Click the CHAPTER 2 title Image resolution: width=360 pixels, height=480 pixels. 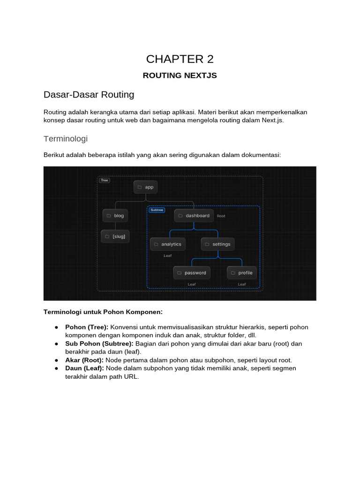[x=180, y=59]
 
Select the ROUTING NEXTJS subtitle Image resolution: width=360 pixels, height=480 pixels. [x=180, y=75]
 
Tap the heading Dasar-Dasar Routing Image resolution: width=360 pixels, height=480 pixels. [x=89, y=95]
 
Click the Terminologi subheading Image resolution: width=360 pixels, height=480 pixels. [x=66, y=139]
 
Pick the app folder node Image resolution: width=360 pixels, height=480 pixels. [x=145, y=187]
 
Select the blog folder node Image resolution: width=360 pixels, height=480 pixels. [x=115, y=216]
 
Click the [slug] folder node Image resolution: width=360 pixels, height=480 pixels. [x=115, y=236]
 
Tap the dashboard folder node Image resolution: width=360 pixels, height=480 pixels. [x=194, y=216]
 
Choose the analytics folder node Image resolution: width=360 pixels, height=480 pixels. [x=167, y=244]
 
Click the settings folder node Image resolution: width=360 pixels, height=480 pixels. [x=217, y=244]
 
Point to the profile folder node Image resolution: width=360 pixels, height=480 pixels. [x=242, y=273]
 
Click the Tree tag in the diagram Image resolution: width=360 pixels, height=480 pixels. [x=104, y=180]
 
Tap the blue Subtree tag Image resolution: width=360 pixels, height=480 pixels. [x=157, y=210]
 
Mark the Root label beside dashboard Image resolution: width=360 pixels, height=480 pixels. [x=221, y=216]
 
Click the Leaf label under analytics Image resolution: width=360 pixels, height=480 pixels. [x=167, y=255]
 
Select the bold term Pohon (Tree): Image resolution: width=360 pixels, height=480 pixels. [x=87, y=327]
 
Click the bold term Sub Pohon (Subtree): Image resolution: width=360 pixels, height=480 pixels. [x=99, y=344]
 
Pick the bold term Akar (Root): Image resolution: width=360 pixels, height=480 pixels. [x=85, y=360]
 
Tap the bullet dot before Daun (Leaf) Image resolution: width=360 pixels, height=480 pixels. [x=56, y=368]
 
